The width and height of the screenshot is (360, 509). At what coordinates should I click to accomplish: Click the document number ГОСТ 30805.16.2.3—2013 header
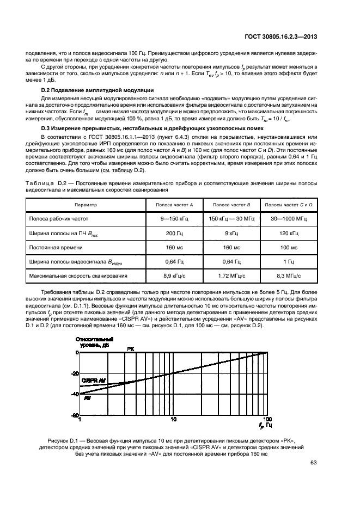coord(283,37)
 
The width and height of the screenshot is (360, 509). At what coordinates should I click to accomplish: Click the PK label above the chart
coord(131,348)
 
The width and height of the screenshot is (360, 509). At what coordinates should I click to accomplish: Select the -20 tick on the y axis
coord(75,373)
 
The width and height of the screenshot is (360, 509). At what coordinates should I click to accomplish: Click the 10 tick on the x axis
coord(173,419)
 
